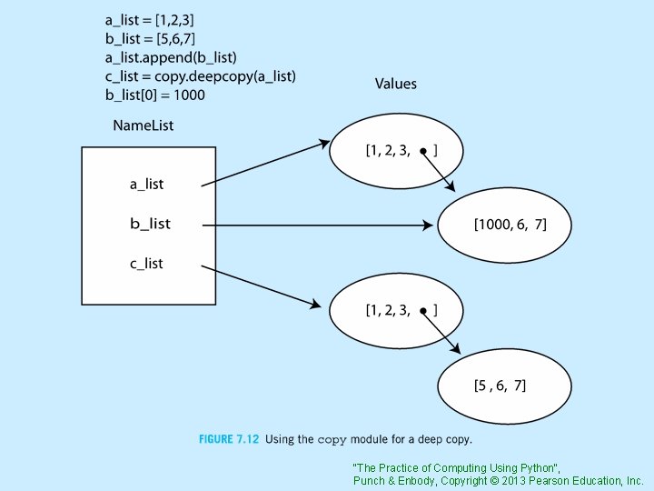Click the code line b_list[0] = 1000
click(168, 94)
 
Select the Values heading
click(396, 84)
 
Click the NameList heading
click(143, 125)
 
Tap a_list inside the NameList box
click(147, 184)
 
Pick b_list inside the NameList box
click(150, 224)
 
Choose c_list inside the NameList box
click(147, 264)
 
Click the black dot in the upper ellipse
click(423, 152)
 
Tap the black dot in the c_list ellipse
click(423, 311)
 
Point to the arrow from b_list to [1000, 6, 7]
click(318, 225)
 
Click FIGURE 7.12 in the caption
click(229, 440)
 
